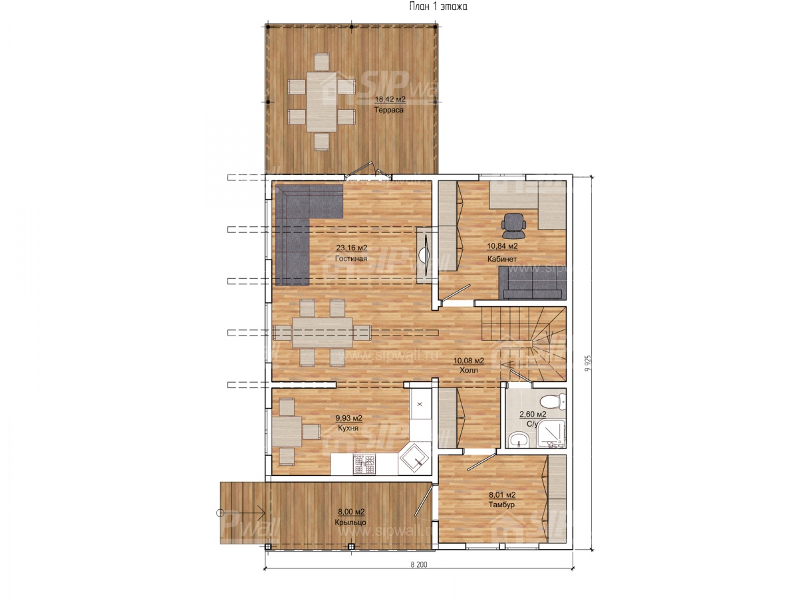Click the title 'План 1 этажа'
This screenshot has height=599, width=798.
pyautogui.click(x=438, y=6)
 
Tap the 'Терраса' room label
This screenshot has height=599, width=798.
pyautogui.click(x=388, y=110)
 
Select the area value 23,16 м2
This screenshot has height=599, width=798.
pyautogui.click(x=351, y=248)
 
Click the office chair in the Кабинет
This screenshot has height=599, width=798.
pyautogui.click(x=513, y=226)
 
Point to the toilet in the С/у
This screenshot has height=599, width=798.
pyautogui.click(x=553, y=401)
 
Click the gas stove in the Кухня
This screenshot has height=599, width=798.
pyautogui.click(x=364, y=464)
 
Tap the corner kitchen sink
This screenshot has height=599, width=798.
pyautogui.click(x=414, y=459)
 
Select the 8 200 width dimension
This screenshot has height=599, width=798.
pyautogui.click(x=419, y=565)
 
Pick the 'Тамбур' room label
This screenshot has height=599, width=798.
pyautogui.click(x=501, y=504)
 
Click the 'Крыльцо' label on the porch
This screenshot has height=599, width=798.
pyautogui.click(x=350, y=522)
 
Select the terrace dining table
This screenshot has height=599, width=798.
pyautogui.click(x=321, y=101)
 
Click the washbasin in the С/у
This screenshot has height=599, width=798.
pyautogui.click(x=519, y=440)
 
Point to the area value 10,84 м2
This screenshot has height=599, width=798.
pyautogui.click(x=502, y=246)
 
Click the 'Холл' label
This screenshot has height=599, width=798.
pyautogui.click(x=469, y=370)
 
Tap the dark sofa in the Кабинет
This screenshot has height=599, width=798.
pyautogui.click(x=532, y=283)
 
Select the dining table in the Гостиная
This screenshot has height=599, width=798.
pyautogui.click(x=322, y=332)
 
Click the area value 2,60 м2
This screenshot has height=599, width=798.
pyautogui.click(x=533, y=414)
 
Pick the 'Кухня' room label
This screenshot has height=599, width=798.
pyautogui.click(x=348, y=428)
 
